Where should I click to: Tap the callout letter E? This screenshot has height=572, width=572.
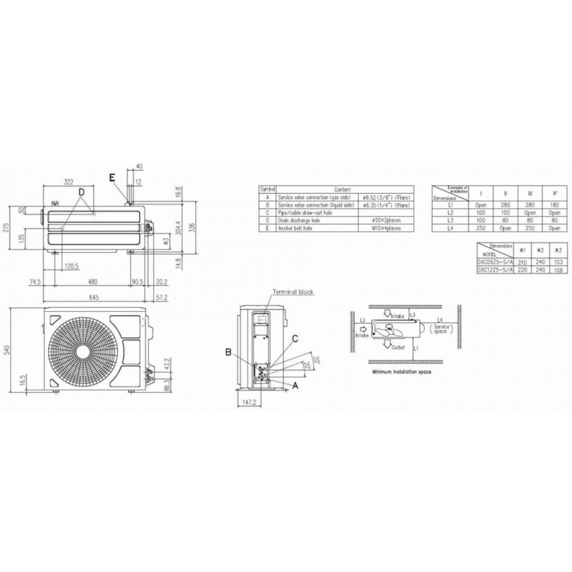click(x=112, y=177)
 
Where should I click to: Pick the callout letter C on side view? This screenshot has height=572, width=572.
click(x=295, y=338)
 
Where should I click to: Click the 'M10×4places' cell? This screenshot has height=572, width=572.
click(x=386, y=228)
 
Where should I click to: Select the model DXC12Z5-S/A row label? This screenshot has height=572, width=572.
click(x=496, y=270)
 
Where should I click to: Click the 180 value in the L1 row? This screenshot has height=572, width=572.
click(x=555, y=205)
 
